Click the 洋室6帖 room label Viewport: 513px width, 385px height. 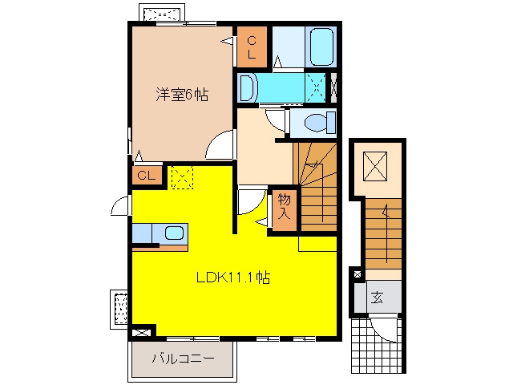[182, 95]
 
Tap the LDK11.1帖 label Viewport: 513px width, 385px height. [233, 278]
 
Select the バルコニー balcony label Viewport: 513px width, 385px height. [184, 359]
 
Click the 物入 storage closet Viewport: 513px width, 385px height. [285, 209]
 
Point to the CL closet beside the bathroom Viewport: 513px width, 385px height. [252, 47]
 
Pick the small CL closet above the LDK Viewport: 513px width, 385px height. [147, 176]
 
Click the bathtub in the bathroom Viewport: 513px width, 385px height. [321, 47]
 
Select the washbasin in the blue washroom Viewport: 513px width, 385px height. [248, 88]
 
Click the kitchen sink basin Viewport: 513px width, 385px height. [174, 233]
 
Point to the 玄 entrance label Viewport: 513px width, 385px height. [377, 298]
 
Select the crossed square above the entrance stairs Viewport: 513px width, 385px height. [375, 166]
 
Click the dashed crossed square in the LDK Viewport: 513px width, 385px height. [182, 177]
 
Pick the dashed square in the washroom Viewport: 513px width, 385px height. [316, 87]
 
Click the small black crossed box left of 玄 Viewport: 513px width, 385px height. [357, 274]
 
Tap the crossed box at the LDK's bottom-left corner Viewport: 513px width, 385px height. [142, 333]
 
